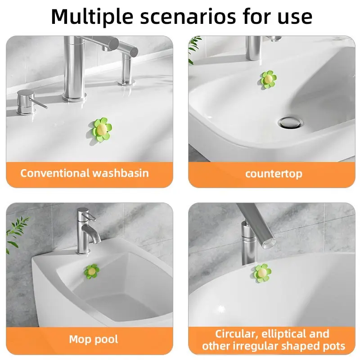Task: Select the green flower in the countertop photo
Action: click(x=268, y=79)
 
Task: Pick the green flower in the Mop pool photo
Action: click(x=92, y=271)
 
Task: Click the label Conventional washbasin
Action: click(x=84, y=173)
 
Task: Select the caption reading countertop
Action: click(x=274, y=174)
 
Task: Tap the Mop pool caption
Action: click(x=94, y=339)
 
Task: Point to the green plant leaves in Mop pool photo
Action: click(x=17, y=227)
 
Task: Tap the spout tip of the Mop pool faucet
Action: click(x=95, y=240)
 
